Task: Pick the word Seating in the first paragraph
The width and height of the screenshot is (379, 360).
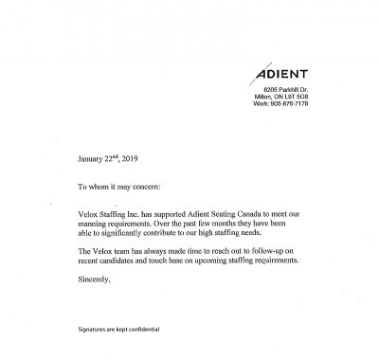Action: point(217,217)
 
